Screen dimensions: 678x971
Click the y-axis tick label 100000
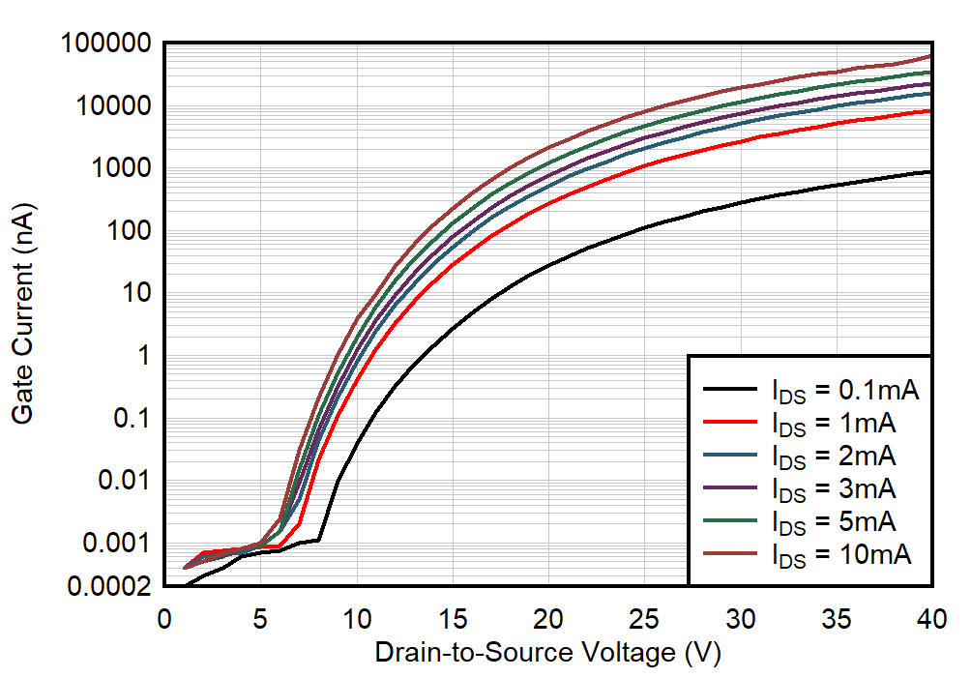(104, 44)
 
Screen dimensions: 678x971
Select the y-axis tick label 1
(145, 356)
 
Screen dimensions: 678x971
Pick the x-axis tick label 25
(644, 617)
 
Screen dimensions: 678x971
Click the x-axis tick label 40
(931, 617)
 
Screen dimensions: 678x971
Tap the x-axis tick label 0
(164, 617)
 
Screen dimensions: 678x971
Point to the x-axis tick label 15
(453, 617)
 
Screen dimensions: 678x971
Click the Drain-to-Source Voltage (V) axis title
(548, 653)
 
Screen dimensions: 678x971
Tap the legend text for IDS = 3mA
(832, 488)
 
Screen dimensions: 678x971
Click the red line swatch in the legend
(731, 423)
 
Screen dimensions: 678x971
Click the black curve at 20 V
(548, 265)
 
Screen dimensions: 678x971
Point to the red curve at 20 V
(548, 205)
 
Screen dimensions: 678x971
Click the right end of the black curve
(930, 171)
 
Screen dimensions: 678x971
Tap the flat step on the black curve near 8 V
(310, 541)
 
